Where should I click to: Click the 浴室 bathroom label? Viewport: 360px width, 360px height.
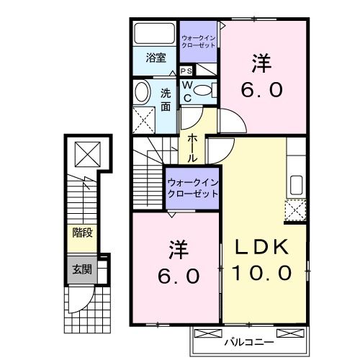tap(156, 58)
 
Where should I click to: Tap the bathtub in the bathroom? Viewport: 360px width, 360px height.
tap(154, 35)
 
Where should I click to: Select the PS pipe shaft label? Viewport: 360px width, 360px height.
tap(186, 71)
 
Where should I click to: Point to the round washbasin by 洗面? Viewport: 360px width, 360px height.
tap(142, 92)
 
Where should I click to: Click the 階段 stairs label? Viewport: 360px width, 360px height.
tap(81, 233)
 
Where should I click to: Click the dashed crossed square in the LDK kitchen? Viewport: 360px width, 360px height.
tap(295, 209)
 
